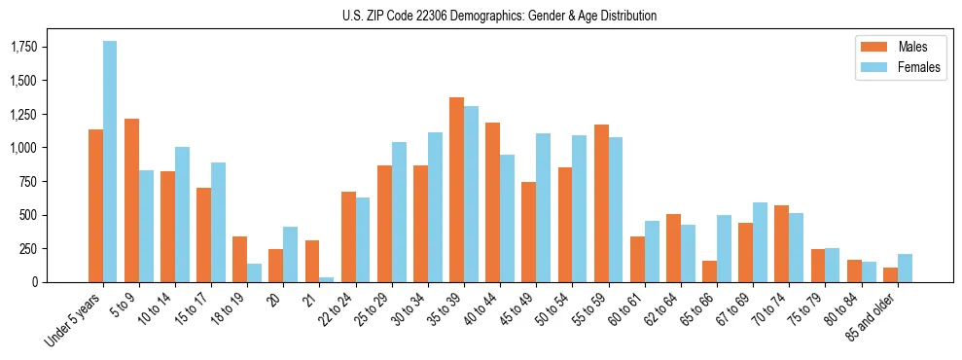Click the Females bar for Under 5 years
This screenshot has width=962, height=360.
click(x=110, y=162)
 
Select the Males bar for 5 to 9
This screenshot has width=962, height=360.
click(x=131, y=200)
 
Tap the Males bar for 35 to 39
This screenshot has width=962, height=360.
click(x=456, y=190)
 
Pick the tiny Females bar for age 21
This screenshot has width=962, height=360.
click(x=327, y=279)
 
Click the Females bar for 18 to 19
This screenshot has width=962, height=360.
click(x=255, y=272)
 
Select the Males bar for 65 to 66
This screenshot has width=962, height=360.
click(x=709, y=271)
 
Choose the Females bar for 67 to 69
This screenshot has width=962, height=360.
click(x=760, y=242)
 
